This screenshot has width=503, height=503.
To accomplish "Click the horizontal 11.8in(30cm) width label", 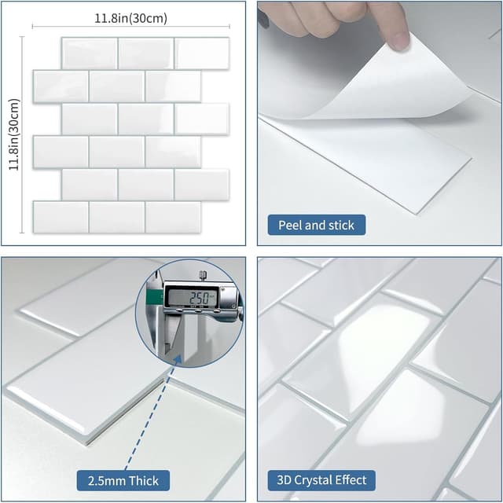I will [130, 18].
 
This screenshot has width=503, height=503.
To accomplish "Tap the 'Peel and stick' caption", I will [316, 226].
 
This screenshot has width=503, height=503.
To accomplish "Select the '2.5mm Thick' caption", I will [123, 480].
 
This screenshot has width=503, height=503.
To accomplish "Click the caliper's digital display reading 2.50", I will [191, 297].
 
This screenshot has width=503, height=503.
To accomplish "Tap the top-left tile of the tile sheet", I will [89, 53].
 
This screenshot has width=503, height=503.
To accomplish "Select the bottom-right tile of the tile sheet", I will [174, 217].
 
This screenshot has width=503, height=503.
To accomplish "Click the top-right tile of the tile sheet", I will [202, 53].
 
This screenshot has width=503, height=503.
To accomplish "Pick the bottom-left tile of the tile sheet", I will [61, 217].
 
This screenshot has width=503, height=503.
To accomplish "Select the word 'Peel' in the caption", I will [292, 226].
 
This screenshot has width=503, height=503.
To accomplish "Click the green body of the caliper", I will [156, 296].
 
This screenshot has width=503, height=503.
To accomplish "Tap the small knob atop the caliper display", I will [203, 275].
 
